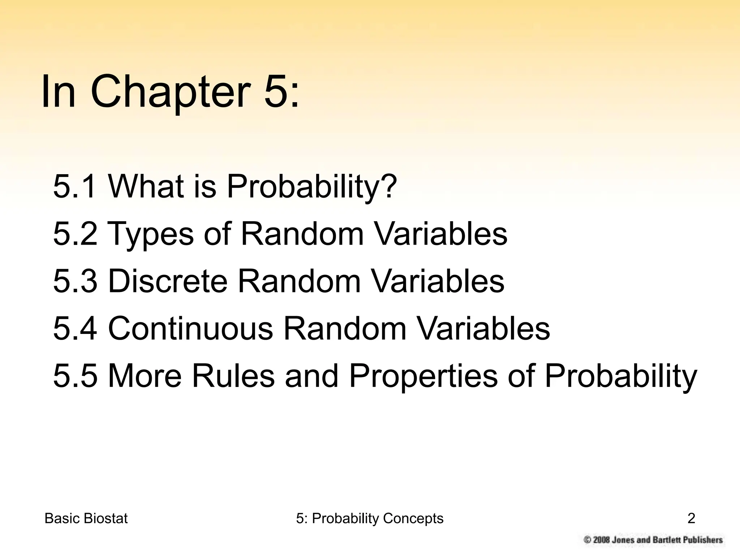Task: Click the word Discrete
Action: click(168, 281)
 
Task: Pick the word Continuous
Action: click(190, 328)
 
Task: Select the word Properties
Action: click(423, 377)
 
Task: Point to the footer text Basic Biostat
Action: click(86, 519)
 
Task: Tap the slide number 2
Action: click(691, 519)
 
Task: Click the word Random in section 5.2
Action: click(302, 234)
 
